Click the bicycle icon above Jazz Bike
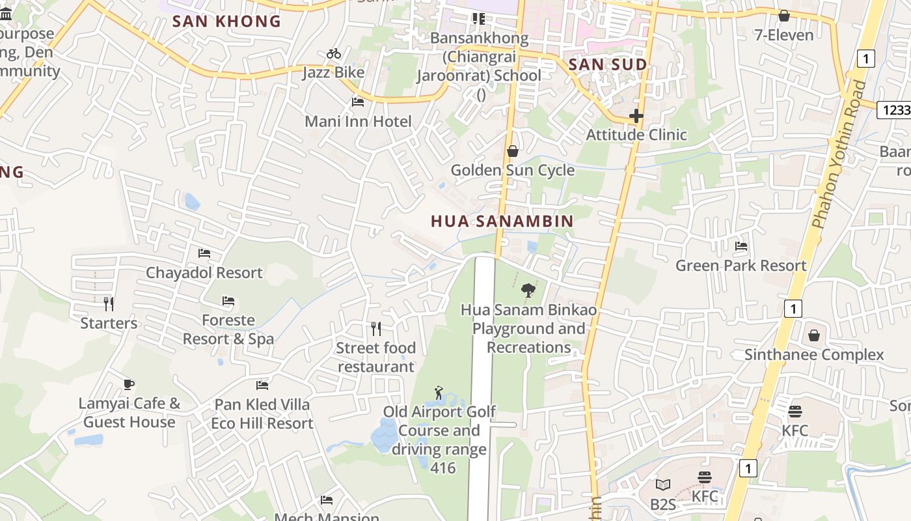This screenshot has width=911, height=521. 334,53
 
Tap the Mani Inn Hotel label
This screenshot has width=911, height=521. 358,121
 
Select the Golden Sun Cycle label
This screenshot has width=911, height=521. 513,170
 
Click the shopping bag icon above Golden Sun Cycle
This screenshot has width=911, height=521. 513,152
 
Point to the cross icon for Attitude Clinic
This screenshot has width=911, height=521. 636,117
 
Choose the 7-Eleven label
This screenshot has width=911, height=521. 783,35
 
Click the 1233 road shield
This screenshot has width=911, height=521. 894,110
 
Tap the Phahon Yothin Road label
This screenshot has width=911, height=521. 839,154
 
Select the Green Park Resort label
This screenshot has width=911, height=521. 741,265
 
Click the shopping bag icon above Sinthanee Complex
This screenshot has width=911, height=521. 813,336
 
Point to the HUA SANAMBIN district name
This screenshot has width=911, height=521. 502,221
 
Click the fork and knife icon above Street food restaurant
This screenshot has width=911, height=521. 375,328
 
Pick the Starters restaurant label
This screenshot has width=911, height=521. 109,323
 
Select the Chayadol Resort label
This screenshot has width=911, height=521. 204,272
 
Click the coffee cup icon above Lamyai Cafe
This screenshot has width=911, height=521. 129,384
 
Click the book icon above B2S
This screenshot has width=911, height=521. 662,485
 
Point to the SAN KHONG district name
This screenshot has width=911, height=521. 226,21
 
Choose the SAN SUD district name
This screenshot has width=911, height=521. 607,64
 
